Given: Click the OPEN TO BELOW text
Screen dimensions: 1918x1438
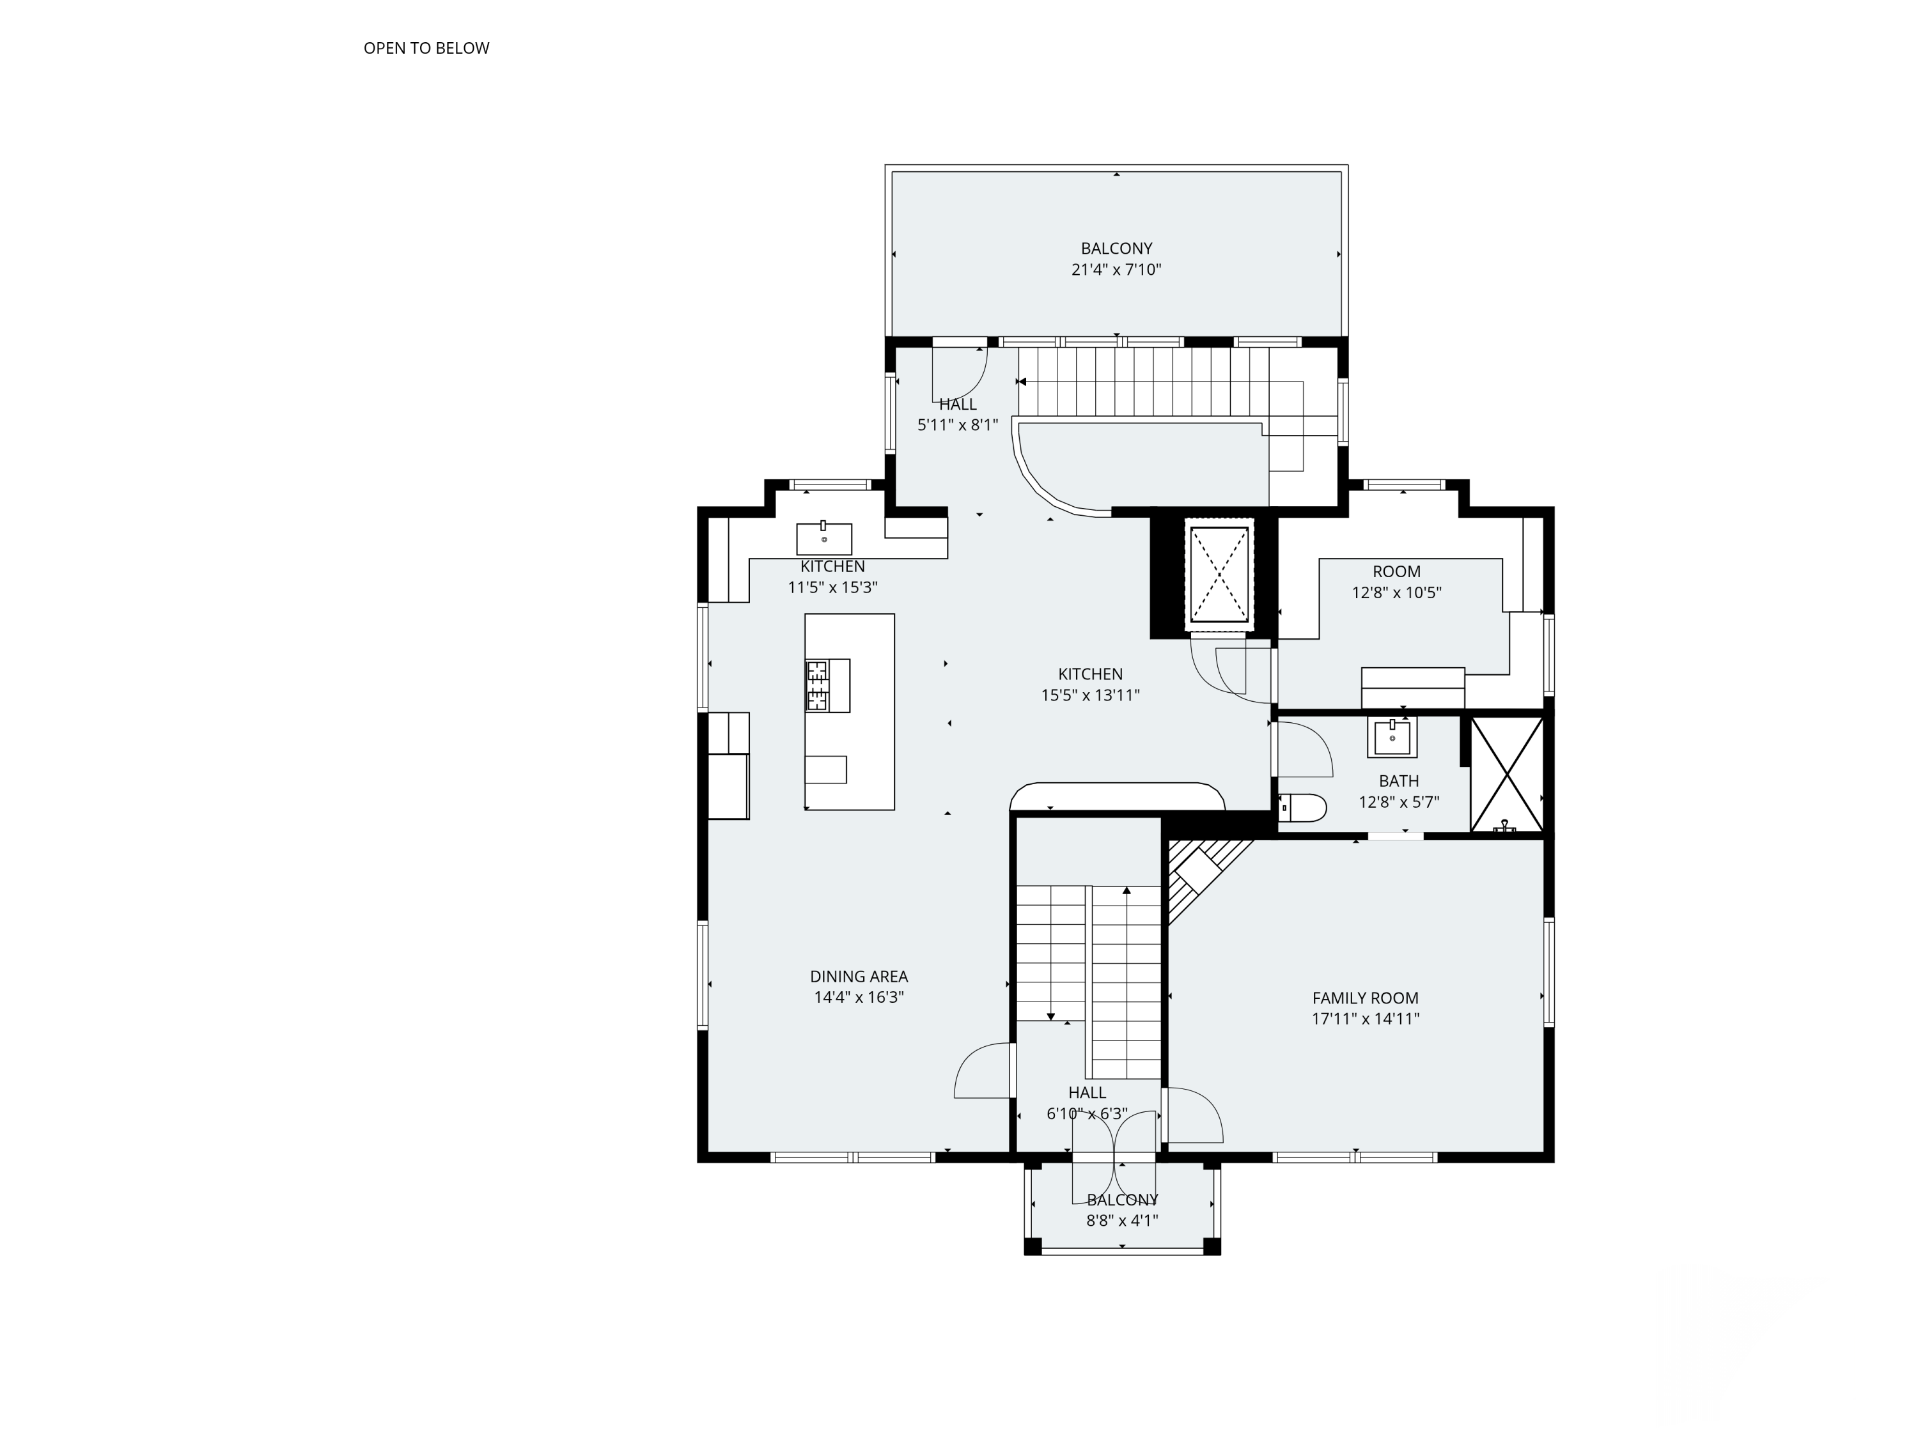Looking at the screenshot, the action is (x=426, y=49).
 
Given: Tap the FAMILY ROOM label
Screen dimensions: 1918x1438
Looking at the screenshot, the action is (x=1365, y=998).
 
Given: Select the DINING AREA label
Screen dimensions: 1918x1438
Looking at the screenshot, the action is (x=859, y=976).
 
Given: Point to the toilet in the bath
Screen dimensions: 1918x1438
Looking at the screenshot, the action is (x=1303, y=808).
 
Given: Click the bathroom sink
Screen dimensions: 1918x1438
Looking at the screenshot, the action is (x=1392, y=737).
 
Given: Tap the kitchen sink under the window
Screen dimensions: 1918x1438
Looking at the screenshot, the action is (x=823, y=538).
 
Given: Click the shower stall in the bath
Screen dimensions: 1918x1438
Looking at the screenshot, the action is (x=1507, y=774).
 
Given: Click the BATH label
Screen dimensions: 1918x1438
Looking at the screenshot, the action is (x=1399, y=781).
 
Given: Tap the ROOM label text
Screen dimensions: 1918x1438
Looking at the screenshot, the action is (x=1396, y=572).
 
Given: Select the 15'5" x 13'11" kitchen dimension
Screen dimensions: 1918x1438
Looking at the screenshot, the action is (x=1090, y=695).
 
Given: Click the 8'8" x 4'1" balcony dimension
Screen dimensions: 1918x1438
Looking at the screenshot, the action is (x=1122, y=1221).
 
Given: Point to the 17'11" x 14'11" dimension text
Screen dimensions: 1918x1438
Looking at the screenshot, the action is (x=1365, y=1019).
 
